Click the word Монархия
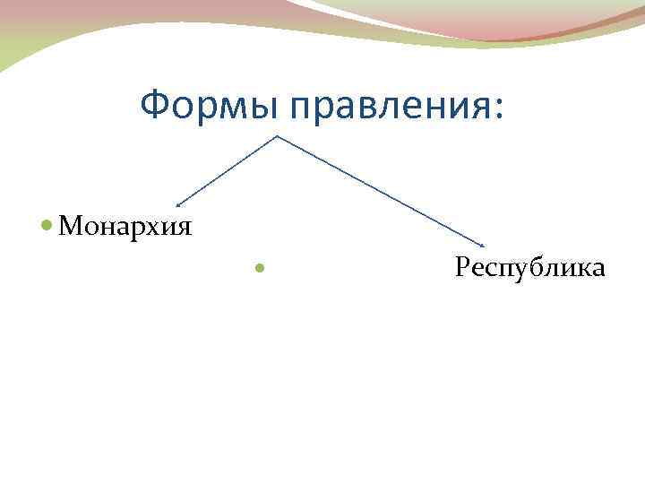(125, 225)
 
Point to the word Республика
(529, 267)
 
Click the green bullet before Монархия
(47, 225)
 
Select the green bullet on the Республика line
(260, 268)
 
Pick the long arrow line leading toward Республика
(381, 191)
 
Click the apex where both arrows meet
(277, 136)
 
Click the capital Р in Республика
(462, 267)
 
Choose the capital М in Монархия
(68, 225)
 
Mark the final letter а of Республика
(598, 269)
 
